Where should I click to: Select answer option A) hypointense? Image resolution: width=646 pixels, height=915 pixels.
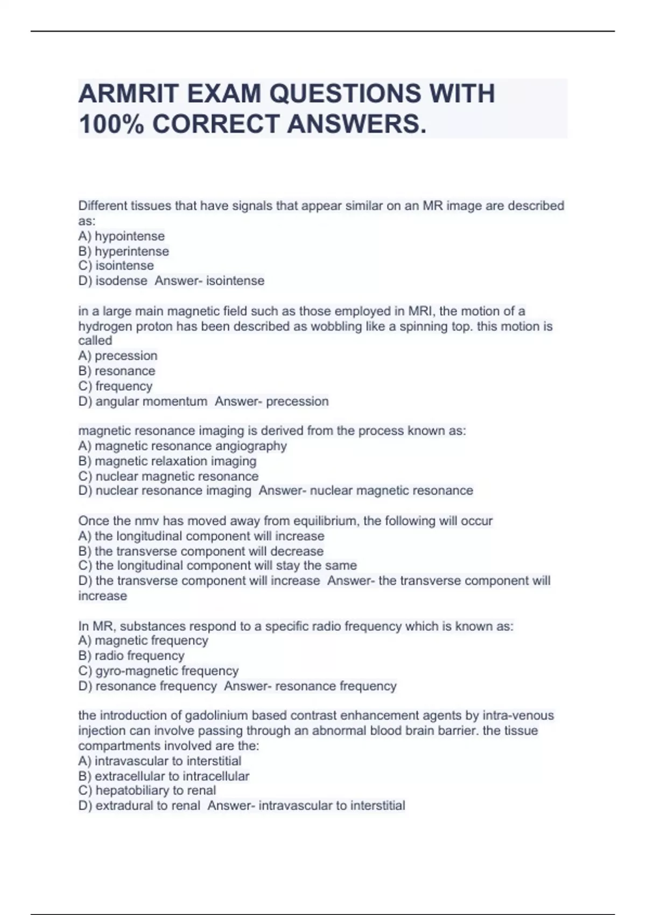[121, 236]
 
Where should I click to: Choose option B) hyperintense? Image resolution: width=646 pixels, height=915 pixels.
[123, 251]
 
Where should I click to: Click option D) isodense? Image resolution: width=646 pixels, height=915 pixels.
[113, 281]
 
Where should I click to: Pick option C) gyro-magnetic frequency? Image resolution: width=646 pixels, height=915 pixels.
[158, 671]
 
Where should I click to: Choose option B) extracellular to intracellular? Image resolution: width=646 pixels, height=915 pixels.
[164, 776]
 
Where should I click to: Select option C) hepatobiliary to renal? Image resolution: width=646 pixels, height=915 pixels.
[147, 791]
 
